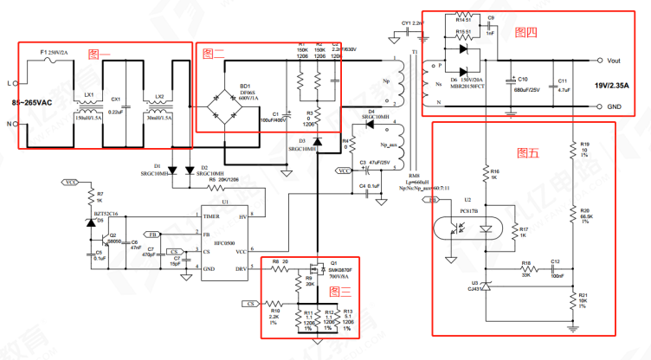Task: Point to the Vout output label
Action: [616, 61]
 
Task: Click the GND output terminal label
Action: [616, 106]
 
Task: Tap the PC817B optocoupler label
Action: [470, 210]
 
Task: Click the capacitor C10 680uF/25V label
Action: [526, 85]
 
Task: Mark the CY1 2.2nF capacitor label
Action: [412, 23]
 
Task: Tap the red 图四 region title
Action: [525, 32]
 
